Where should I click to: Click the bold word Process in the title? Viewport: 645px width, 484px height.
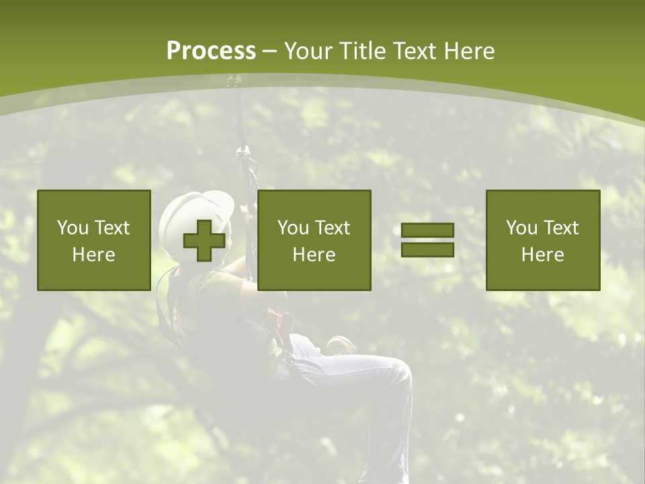211,51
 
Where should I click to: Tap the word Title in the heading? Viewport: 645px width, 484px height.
361,51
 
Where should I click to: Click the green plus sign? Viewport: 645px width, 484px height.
204,241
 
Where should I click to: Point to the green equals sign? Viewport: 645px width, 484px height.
427,240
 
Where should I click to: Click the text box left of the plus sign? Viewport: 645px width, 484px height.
94,240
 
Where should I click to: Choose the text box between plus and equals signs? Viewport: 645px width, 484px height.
314,240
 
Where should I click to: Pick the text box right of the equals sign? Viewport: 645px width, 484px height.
543,240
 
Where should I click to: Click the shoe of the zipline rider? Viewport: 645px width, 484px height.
341,346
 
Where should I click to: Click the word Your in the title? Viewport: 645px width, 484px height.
307,51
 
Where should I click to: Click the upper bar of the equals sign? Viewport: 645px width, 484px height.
427,231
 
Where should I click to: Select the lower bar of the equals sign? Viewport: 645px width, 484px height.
427,249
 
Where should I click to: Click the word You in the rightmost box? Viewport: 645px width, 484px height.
521,228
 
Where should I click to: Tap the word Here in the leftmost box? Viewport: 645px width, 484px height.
94,255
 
